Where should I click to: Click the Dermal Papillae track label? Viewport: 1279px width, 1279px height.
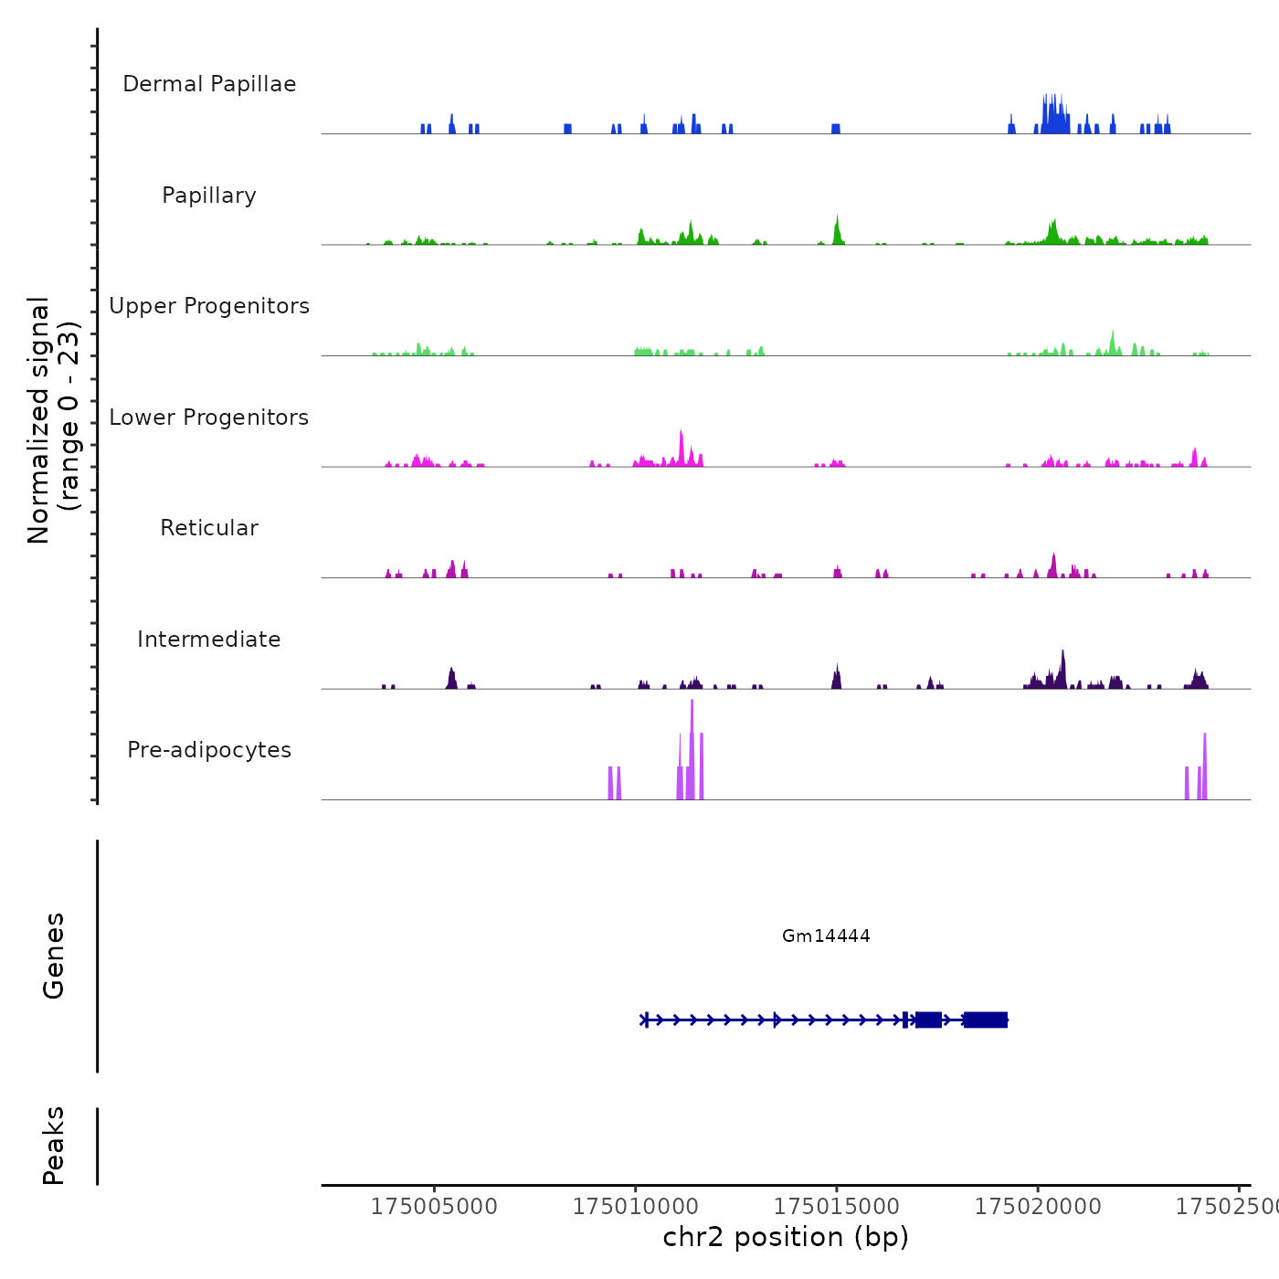[209, 84]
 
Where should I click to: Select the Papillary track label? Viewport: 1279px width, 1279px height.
[209, 196]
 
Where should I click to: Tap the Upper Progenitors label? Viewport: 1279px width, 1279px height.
[209, 306]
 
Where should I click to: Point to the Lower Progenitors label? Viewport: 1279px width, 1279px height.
[209, 418]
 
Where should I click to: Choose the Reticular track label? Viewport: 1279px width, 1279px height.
[209, 528]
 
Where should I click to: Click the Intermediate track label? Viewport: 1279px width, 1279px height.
[209, 639]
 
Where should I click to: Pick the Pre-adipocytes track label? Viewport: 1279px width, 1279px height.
[209, 750]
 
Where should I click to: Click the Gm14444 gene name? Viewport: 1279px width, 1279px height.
[826, 935]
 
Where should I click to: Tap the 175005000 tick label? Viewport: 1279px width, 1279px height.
[434, 1206]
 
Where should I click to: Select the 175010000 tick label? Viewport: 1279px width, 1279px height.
[636, 1206]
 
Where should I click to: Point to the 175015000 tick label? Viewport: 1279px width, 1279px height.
[837, 1206]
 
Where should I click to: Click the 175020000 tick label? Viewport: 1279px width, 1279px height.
[1038, 1206]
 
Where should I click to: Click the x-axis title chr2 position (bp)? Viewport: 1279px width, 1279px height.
[786, 1237]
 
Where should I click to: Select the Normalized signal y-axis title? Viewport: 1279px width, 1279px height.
[53, 419]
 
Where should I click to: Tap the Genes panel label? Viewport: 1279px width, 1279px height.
[54, 956]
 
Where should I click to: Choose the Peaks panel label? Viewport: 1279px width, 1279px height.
[54, 1146]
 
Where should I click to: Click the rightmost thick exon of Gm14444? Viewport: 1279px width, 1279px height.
[985, 1020]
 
